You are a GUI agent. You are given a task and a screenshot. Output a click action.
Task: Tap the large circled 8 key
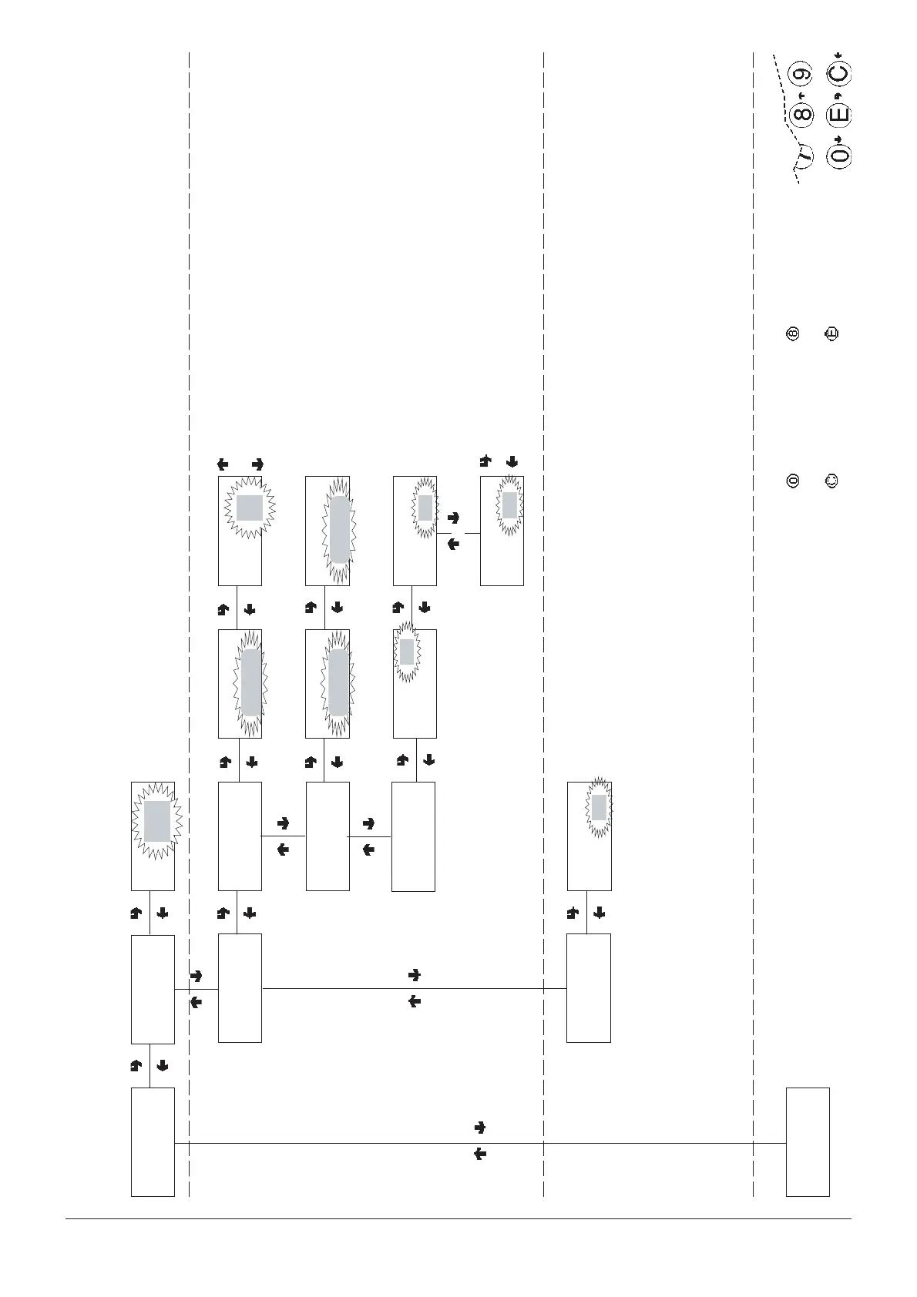802,115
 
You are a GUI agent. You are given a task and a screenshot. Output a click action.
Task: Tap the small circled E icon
831,334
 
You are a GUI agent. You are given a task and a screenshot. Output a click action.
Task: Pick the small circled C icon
831,481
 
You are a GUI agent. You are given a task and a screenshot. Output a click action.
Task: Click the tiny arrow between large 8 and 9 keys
802,95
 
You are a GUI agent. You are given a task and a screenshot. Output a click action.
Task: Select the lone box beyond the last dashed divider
808,1141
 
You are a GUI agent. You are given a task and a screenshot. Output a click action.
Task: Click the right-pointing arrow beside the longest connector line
479,1128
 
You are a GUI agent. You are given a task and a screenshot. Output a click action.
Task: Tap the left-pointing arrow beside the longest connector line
479,1155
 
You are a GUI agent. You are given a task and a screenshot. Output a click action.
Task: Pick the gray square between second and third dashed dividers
598,807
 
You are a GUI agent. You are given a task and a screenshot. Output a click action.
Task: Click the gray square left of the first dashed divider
157,821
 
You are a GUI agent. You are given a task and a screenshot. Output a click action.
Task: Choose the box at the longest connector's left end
153,1141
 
